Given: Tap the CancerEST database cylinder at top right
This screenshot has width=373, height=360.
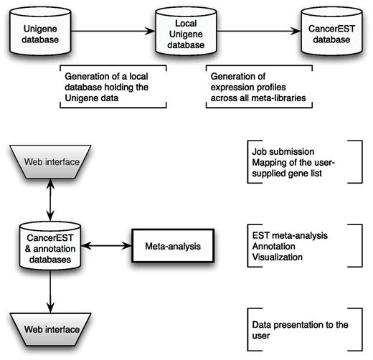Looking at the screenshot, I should coord(331,33).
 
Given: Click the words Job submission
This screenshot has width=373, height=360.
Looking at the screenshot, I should coord(280,152).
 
